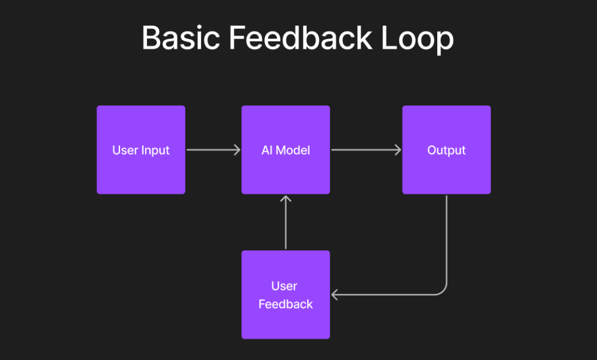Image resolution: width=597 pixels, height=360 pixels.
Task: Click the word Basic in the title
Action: [180, 39]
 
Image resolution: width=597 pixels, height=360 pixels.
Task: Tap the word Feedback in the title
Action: [300, 39]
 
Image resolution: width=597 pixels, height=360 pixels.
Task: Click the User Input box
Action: [141, 150]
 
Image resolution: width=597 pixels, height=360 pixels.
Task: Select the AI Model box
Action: [286, 150]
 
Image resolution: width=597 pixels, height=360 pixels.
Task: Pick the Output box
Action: [447, 150]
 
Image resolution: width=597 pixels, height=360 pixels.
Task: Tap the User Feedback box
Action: [286, 295]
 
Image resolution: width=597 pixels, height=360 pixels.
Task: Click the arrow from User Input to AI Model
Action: [213, 150]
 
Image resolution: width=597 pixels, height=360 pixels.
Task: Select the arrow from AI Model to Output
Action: [366, 150]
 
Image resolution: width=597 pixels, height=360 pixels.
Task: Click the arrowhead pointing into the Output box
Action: [398, 150]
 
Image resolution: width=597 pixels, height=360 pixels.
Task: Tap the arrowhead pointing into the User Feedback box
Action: [335, 295]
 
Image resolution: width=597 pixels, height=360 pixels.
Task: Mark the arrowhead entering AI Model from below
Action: [286, 198]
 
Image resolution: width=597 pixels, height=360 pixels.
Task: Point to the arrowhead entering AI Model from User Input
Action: [237, 150]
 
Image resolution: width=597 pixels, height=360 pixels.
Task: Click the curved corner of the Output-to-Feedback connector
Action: [444, 291]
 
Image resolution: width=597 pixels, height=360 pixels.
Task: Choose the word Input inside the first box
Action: [155, 150]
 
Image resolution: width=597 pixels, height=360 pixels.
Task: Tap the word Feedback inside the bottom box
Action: [286, 304]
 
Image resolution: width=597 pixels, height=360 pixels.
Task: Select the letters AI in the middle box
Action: [267, 150]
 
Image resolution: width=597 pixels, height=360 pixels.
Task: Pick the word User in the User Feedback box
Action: [285, 286]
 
